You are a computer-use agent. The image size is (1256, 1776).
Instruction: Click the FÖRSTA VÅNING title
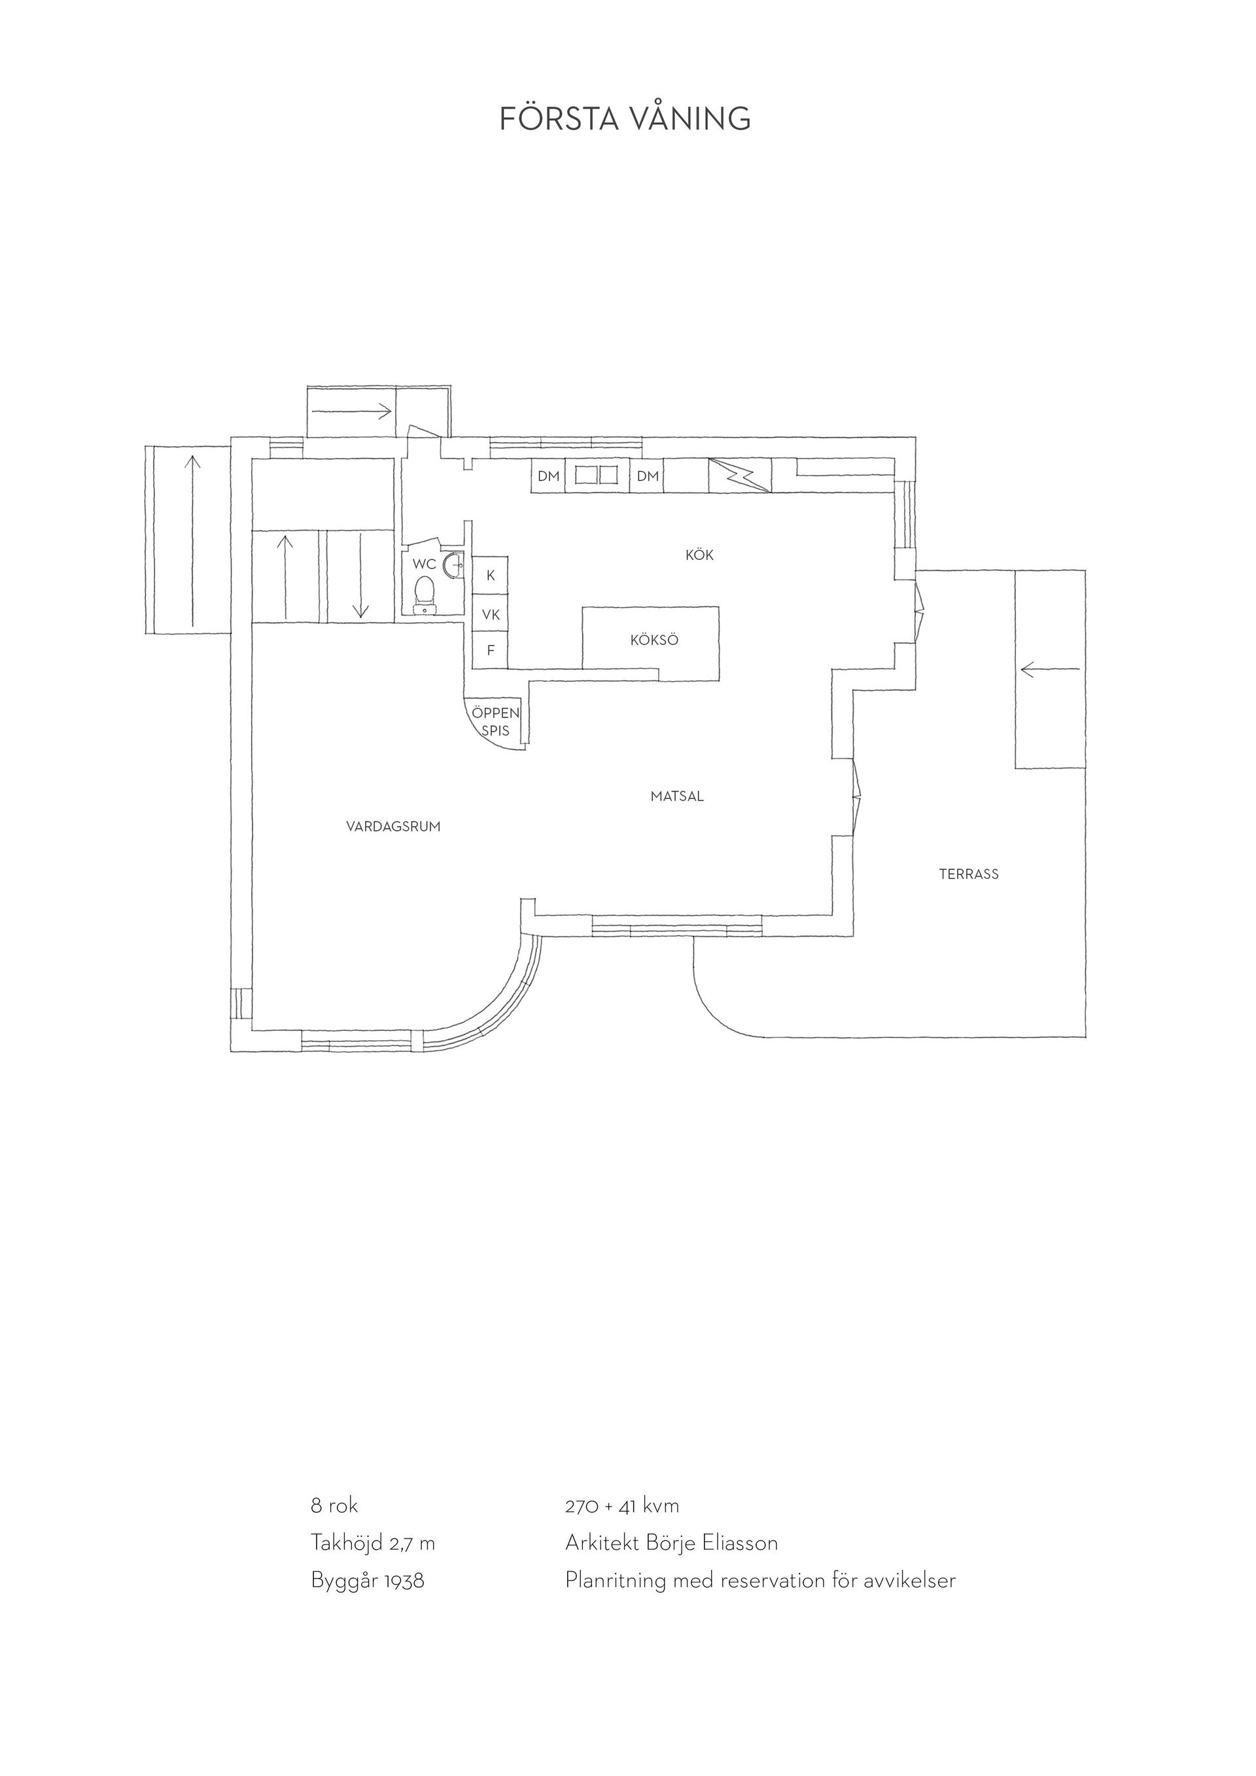click(x=625, y=118)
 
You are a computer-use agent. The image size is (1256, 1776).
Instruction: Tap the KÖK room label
click(x=699, y=555)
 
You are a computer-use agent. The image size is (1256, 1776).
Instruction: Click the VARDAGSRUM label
click(x=393, y=826)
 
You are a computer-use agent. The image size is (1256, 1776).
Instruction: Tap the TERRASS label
click(x=968, y=874)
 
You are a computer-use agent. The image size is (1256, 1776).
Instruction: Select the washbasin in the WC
click(x=453, y=565)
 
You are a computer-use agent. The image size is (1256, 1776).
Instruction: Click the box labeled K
click(x=491, y=576)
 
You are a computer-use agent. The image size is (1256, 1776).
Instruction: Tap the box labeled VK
click(x=491, y=615)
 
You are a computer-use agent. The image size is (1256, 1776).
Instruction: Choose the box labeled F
click(x=491, y=650)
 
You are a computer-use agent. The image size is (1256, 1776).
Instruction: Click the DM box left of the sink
click(x=548, y=476)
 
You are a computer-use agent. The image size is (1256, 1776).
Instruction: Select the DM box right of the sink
click(x=648, y=476)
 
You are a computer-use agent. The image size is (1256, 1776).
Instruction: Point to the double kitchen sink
click(x=599, y=476)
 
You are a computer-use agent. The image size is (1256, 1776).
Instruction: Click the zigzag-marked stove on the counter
click(x=740, y=476)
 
